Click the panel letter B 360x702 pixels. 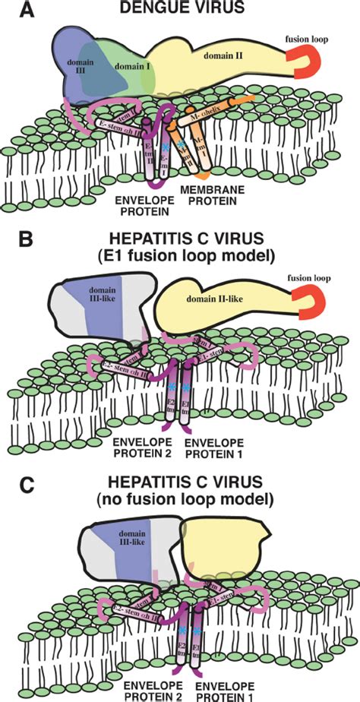point(11,242)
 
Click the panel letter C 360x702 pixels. point(11,480)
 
